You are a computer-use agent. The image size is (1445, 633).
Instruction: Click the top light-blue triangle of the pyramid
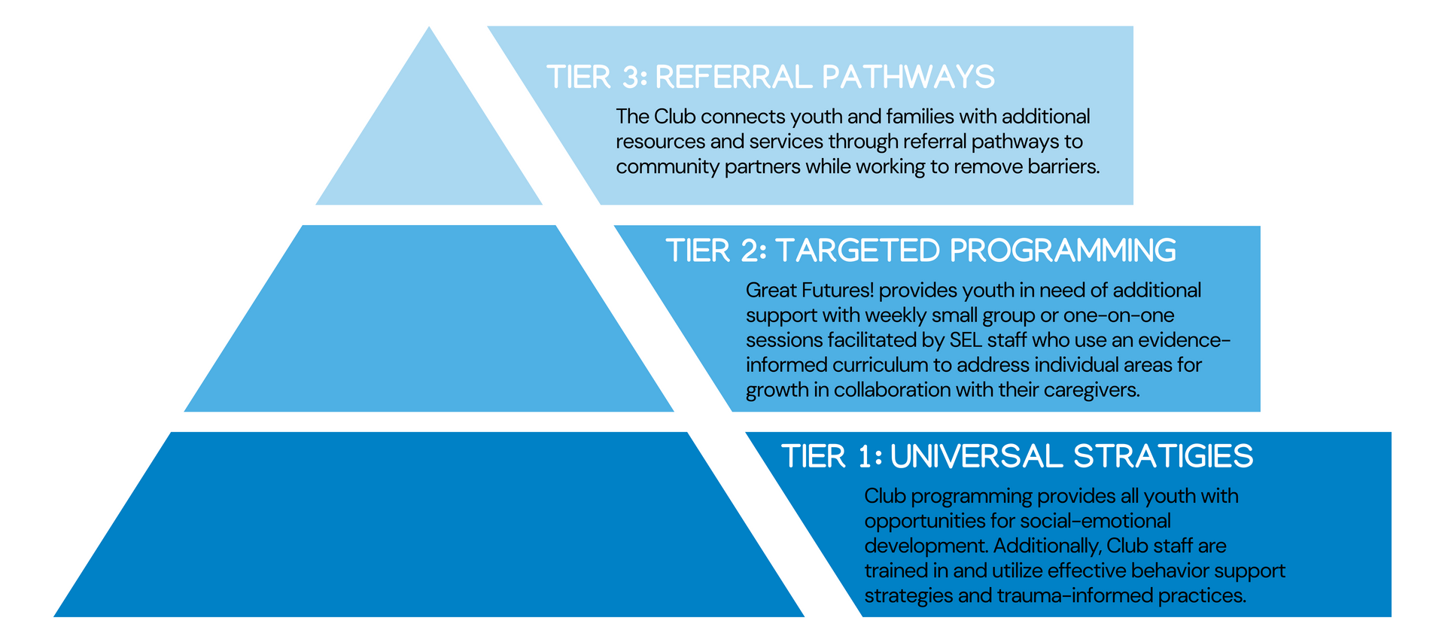click(429, 143)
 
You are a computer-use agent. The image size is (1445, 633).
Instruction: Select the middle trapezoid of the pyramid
click(429, 318)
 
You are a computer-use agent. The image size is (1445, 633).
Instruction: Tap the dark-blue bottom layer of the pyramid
click(429, 525)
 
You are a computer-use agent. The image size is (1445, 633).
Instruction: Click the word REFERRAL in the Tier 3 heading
click(733, 77)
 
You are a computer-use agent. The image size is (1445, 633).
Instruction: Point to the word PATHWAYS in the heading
click(908, 77)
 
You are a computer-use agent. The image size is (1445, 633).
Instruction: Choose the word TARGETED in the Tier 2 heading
click(856, 251)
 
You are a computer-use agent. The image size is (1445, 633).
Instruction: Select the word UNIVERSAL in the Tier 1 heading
click(976, 456)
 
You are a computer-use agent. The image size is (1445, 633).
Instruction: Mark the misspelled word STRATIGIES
click(1164, 456)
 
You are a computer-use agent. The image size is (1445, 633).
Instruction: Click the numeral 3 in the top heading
click(631, 77)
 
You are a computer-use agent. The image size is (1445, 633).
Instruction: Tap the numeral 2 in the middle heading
click(750, 251)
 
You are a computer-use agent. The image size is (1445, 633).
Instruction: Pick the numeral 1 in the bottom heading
click(865, 456)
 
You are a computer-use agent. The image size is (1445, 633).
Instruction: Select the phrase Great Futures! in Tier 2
click(810, 291)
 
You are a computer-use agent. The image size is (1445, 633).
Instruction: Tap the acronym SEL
click(966, 340)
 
